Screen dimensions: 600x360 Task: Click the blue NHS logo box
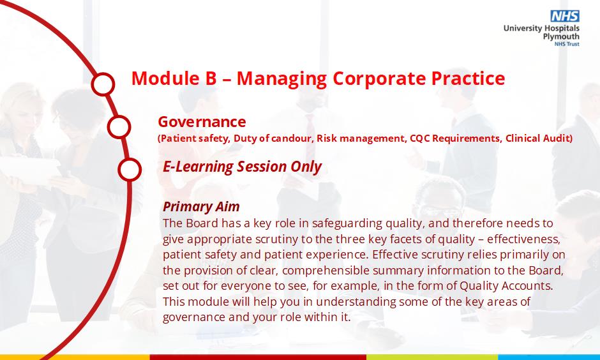point(565,16)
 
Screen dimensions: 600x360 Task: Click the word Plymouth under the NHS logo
point(561,37)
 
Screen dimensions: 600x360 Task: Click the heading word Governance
point(202,122)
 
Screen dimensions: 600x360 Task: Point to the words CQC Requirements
point(455,139)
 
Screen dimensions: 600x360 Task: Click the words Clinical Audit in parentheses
point(537,138)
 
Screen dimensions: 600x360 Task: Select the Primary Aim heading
point(201,207)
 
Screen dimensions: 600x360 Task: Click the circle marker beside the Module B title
point(103,84)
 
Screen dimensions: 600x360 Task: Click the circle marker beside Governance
point(119,126)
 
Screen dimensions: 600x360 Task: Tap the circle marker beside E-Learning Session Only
point(130,170)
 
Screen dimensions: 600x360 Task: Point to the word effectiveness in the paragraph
point(524,239)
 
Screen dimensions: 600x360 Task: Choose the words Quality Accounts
point(506,286)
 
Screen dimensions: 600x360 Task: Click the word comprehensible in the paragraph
point(326,271)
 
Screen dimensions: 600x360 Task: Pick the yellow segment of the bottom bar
point(75,357)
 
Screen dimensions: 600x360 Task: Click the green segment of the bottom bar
point(432,357)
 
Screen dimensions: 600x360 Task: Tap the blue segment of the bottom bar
point(549,357)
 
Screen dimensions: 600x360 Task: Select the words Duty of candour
point(273,139)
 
